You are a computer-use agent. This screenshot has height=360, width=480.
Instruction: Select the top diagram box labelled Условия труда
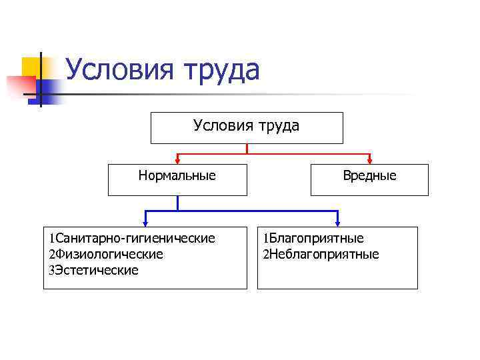[x=247, y=127]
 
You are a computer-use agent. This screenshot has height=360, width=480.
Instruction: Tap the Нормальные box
[x=177, y=179]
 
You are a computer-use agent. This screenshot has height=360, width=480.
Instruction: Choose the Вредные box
[x=369, y=179]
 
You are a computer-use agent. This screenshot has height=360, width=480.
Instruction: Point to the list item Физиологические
[x=109, y=254]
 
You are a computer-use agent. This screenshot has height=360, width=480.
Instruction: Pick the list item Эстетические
[x=97, y=270]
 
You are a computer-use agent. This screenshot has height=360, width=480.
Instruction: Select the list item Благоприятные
[x=317, y=239]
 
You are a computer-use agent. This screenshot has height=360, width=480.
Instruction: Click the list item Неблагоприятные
[x=324, y=254]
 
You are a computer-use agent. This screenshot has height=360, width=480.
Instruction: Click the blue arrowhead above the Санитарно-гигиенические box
[x=145, y=221]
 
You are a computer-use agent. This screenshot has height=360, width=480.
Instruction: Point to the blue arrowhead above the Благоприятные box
[x=338, y=221]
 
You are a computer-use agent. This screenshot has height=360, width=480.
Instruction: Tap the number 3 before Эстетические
[x=51, y=271]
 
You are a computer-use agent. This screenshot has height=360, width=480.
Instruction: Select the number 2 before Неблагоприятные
[x=265, y=255]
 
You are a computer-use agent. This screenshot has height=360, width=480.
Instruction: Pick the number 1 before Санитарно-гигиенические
[x=51, y=239]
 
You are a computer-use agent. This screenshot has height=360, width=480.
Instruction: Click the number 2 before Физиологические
[x=51, y=255]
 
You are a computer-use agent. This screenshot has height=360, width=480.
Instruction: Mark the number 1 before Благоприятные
[x=265, y=239]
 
